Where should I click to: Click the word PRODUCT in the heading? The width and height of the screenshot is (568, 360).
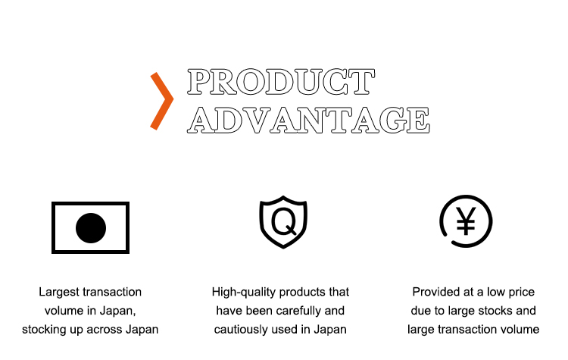tap(281, 82)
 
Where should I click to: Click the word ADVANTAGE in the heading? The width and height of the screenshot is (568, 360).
tap(309, 120)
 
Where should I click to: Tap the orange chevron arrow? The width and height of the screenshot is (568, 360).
tap(162, 101)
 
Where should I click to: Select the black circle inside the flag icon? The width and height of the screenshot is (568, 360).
tap(91, 228)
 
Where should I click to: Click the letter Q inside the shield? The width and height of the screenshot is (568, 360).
tap(284, 221)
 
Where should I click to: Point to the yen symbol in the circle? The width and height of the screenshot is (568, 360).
tap(466, 221)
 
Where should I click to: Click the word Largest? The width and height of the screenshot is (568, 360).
tap(59, 292)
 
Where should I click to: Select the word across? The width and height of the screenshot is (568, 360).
tap(105, 330)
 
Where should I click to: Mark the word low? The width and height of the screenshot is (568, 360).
tap(494, 292)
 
